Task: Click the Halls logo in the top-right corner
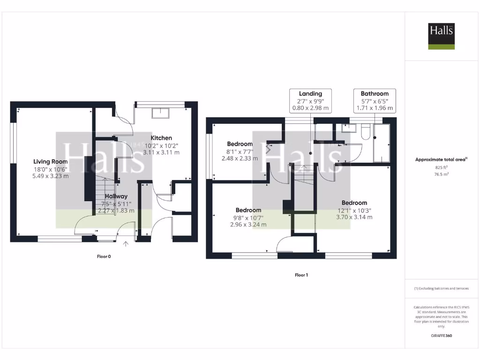441,37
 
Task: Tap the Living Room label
48,162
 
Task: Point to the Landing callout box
310,101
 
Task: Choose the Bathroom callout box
375,101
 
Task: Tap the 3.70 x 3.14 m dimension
354,217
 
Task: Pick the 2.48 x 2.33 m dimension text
240,158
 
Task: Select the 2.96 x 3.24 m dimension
248,225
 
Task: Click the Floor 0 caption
104,256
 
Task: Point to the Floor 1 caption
301,275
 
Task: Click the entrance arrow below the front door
126,243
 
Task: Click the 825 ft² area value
441,167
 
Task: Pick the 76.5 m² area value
441,174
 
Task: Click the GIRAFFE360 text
441,336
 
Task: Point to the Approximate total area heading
441,159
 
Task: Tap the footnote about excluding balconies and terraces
441,288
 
